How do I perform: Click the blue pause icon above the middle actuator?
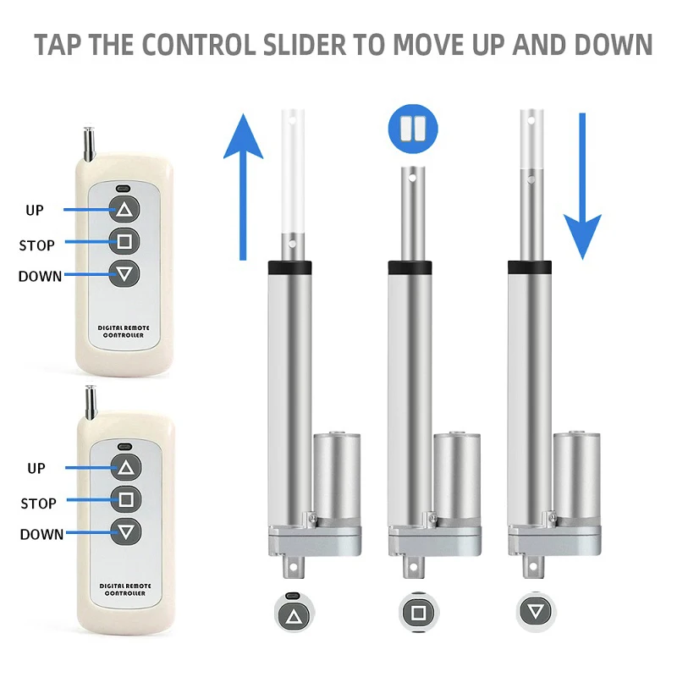point(413,129)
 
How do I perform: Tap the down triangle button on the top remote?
point(125,273)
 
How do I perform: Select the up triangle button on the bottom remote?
point(126,467)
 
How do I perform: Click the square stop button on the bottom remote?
point(126,499)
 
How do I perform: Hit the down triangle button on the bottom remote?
point(126,531)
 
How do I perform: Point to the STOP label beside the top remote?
point(36,245)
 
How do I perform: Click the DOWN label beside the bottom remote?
point(41,534)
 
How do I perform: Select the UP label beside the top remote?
point(35,209)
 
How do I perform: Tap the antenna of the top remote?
point(87,142)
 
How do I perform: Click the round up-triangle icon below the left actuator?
point(294,612)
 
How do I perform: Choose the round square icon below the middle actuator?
point(417,612)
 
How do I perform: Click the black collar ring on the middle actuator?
point(410,267)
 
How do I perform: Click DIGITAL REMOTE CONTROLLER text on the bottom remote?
point(123,589)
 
